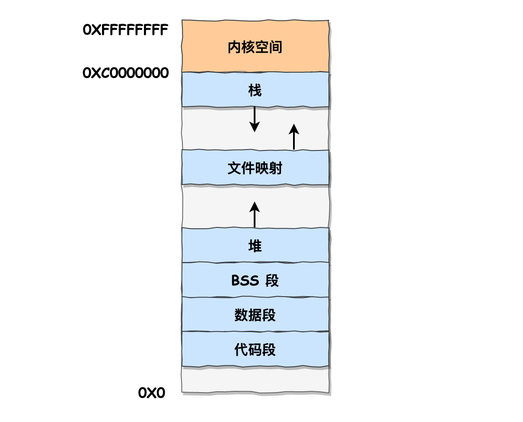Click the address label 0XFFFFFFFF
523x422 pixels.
pos(125,30)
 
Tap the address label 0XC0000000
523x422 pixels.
pos(125,73)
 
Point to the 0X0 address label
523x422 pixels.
pos(152,393)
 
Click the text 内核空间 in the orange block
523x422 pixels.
pos(255,47)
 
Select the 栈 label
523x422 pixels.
pos(255,90)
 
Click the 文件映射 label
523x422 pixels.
pos(255,168)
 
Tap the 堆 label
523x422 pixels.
pos(255,246)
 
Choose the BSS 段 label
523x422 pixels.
pos(255,281)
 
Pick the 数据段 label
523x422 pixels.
pos(255,315)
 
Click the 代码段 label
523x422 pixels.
pos(255,350)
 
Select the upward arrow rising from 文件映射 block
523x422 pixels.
pos(294,137)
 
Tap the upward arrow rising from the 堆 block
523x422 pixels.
pos(255,214)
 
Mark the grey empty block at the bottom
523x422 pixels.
pos(255,380)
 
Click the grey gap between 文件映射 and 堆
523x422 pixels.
pos(216,206)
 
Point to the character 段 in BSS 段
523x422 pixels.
pos(272,281)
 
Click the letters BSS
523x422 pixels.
pos(245,281)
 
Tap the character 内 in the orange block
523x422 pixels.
pos(234,47)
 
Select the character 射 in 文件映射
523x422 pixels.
pos(276,168)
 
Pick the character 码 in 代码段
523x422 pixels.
pos(255,350)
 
